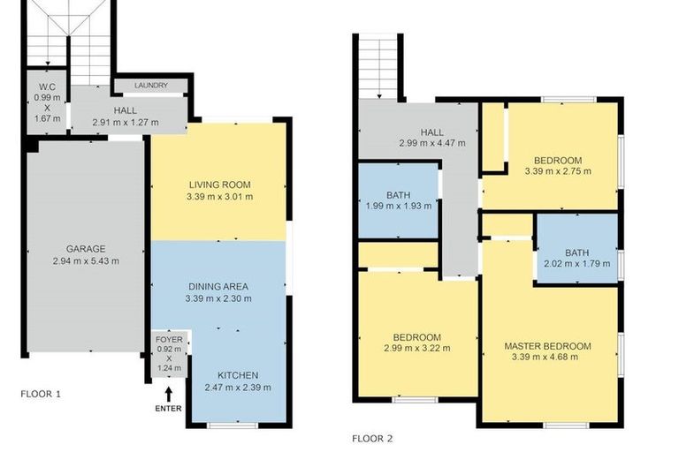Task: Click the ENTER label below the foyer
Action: pyautogui.click(x=167, y=408)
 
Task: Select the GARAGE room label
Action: pyautogui.click(x=86, y=249)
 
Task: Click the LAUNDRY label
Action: pyautogui.click(x=151, y=86)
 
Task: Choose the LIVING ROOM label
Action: pyautogui.click(x=219, y=185)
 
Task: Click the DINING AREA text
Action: pyautogui.click(x=217, y=286)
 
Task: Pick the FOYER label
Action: pyautogui.click(x=168, y=339)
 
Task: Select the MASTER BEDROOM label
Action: pyautogui.click(x=547, y=345)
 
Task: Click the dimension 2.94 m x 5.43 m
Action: pyautogui.click(x=86, y=260)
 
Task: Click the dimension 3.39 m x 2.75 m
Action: pyautogui.click(x=559, y=172)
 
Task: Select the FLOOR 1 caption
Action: pyautogui.click(x=41, y=394)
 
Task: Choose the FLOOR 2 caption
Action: pyautogui.click(x=372, y=438)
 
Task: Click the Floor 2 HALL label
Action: pyautogui.click(x=431, y=132)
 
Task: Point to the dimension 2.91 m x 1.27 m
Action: pyautogui.click(x=125, y=121)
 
